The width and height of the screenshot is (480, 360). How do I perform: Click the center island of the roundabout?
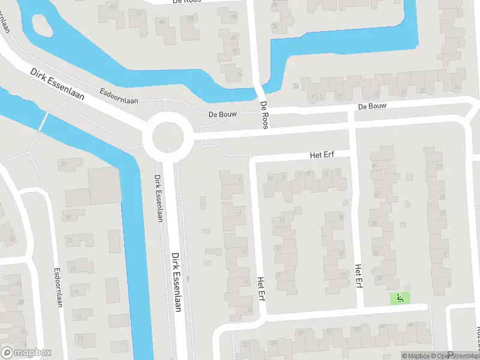tap(167, 138)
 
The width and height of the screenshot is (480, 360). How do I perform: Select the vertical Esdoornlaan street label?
tap(59, 287)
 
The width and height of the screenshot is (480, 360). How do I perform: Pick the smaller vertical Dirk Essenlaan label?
tap(158, 199)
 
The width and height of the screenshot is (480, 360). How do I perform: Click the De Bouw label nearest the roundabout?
tap(220, 113)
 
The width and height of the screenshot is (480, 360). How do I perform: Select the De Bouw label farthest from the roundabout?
tap(372, 106)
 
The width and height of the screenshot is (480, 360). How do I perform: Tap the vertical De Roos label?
tap(263, 115)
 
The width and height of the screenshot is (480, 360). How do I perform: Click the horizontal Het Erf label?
tap(323, 155)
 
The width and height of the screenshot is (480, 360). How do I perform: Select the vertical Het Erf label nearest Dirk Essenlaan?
tap(260, 287)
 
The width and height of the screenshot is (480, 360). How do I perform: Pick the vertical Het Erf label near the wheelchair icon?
tap(358, 276)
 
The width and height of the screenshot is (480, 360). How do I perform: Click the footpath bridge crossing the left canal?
tap(42, 120)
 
